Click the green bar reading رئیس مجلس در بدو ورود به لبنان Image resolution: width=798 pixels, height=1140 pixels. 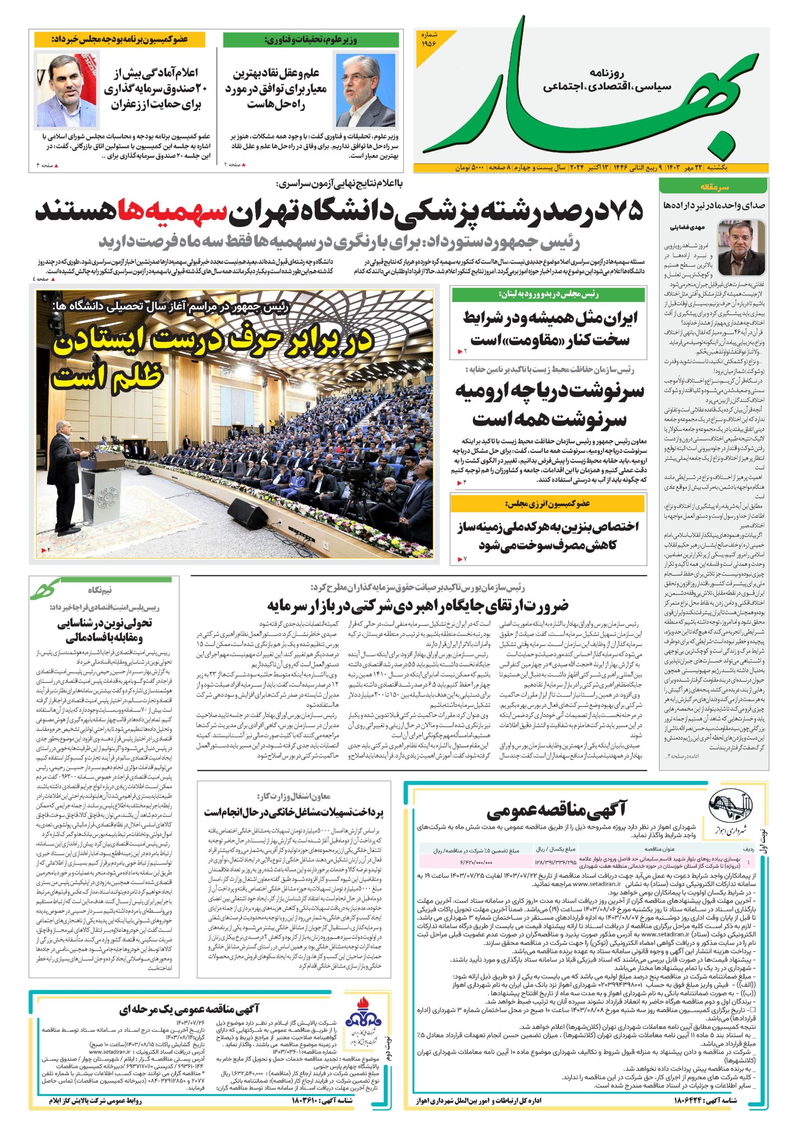[x=549, y=295]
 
